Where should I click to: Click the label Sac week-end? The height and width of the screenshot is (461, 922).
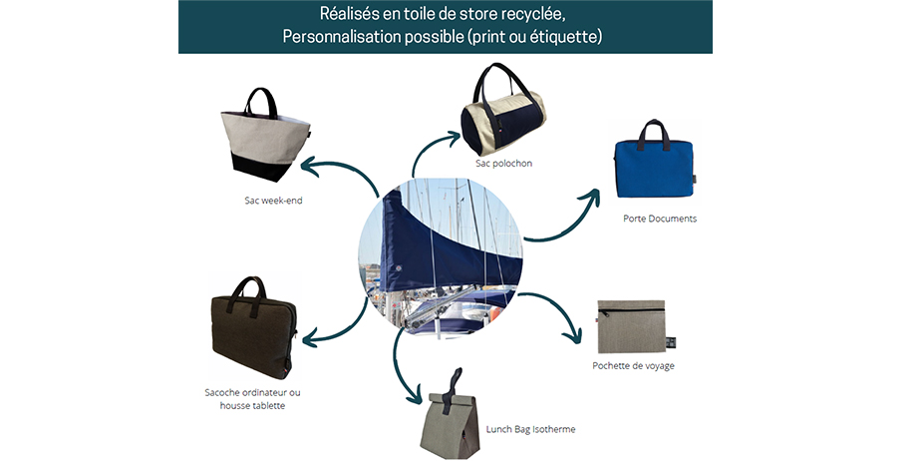pyautogui.click(x=273, y=201)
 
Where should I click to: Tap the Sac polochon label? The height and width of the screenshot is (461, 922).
pyautogui.click(x=503, y=163)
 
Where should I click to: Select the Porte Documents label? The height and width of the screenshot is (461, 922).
pyautogui.click(x=659, y=219)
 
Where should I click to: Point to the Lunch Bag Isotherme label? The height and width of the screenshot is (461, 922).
pyautogui.click(x=530, y=429)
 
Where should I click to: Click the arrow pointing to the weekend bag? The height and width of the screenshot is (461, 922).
pyautogui.click(x=333, y=172)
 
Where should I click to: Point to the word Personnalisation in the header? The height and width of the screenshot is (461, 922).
pyautogui.click(x=339, y=37)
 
